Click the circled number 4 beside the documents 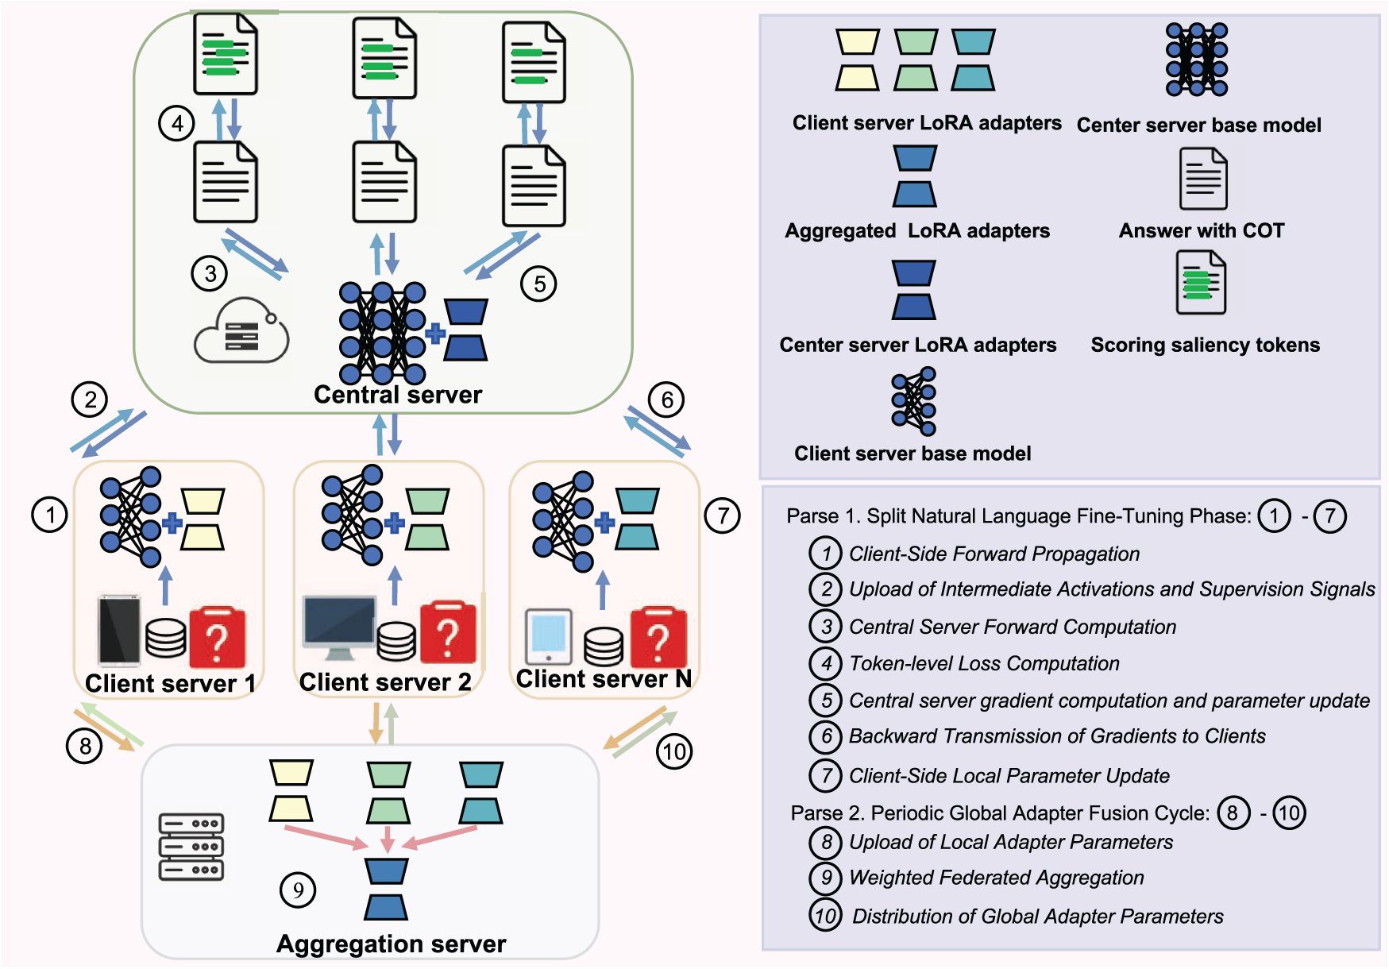coord(176,124)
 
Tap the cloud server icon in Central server coord(241,331)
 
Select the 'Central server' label coord(398,395)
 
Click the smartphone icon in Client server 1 coord(119,630)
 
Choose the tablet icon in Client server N coord(549,636)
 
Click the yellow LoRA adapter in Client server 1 coord(203,520)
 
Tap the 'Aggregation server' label coord(391,944)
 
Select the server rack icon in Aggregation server coord(191,847)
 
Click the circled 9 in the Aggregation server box coord(298,890)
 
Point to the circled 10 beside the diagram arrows coord(674,751)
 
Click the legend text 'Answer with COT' coord(1201,231)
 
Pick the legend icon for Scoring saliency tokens coord(1202,283)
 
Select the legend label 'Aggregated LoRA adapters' coord(917,231)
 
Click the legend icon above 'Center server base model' coord(1197,60)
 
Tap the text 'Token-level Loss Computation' coord(984,664)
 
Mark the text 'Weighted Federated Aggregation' coord(996,878)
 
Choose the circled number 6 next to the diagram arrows coord(667,400)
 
